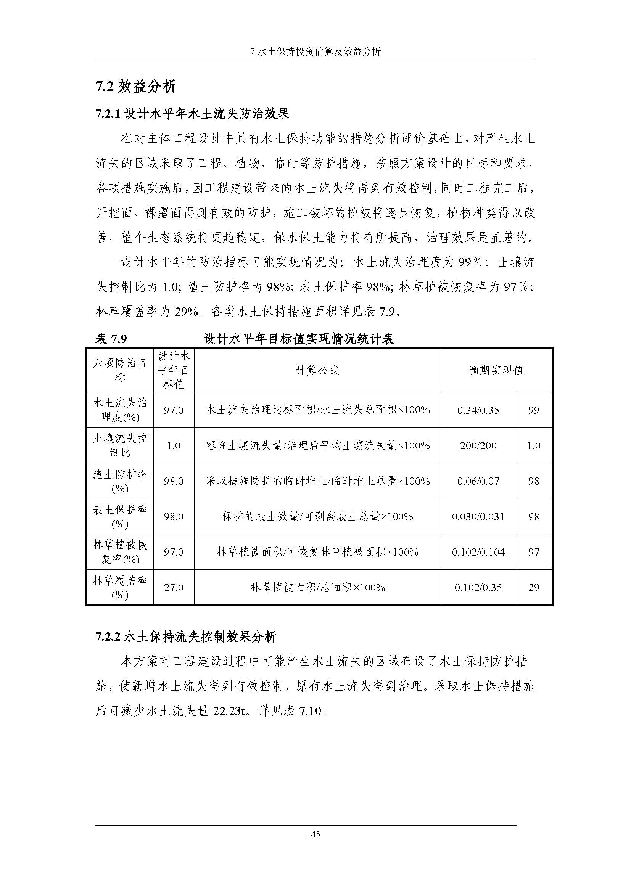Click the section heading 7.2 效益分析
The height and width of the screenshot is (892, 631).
coord(135,86)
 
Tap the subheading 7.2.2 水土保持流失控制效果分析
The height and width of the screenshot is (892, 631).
coord(186,637)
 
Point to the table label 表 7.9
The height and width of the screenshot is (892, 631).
coord(111,339)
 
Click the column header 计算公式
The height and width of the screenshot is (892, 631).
coord(317,370)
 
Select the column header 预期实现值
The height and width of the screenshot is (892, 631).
coord(496,370)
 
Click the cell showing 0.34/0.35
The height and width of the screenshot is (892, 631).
coord(478,410)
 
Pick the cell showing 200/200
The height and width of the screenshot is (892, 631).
coord(478,445)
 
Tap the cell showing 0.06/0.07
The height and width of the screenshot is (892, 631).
coord(478,481)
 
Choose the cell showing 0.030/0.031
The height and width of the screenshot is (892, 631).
coord(478,516)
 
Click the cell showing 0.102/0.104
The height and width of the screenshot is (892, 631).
coord(478,552)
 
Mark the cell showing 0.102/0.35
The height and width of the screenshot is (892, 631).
coord(478,587)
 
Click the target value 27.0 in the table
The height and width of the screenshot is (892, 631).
coord(173,587)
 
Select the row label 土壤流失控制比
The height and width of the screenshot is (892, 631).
coord(120,445)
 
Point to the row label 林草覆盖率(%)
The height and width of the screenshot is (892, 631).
coord(120,587)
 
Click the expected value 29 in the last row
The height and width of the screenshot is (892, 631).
coord(533,587)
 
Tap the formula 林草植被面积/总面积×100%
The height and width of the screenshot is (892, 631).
coord(317,587)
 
